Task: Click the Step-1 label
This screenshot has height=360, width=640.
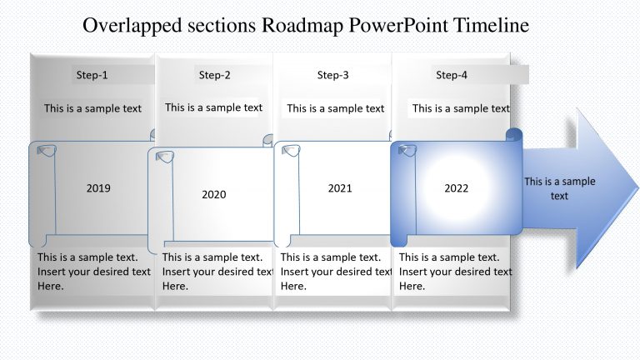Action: click(x=92, y=75)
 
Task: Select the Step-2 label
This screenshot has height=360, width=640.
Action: click(x=215, y=75)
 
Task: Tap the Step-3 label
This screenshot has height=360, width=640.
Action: click(x=333, y=75)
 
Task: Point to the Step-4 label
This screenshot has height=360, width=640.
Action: click(x=452, y=75)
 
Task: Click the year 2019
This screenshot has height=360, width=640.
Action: click(x=98, y=188)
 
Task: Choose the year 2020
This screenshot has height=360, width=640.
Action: click(x=214, y=194)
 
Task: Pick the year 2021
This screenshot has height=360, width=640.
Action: click(x=340, y=188)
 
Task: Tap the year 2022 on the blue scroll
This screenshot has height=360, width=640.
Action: click(x=457, y=188)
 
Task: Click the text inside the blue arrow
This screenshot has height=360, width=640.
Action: click(x=560, y=188)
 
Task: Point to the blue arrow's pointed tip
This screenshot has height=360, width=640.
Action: click(x=638, y=188)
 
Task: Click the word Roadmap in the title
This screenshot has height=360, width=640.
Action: click(x=302, y=25)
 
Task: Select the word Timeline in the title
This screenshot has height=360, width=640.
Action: click(x=492, y=25)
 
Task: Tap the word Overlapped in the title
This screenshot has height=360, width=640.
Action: click(x=132, y=26)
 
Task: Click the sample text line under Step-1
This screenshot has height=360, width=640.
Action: click(x=92, y=108)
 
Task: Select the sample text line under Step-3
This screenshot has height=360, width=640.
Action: click(x=336, y=108)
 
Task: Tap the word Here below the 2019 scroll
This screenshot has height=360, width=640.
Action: click(x=51, y=286)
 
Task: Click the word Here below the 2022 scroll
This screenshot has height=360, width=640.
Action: click(x=412, y=286)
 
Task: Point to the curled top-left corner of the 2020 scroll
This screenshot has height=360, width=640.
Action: click(x=165, y=157)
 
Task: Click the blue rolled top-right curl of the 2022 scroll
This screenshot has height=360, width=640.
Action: click(x=514, y=135)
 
